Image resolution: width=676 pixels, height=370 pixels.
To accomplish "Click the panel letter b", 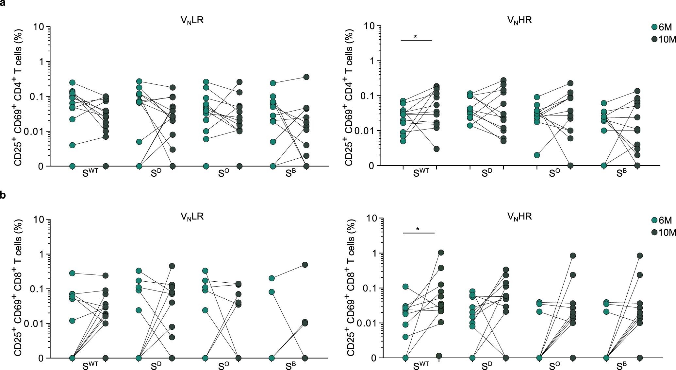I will (3, 196).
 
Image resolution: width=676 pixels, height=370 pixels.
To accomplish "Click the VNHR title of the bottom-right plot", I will (519, 217).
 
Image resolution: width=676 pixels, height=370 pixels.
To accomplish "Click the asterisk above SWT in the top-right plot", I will (415, 37).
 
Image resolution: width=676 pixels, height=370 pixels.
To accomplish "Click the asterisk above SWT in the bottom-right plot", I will (418, 229).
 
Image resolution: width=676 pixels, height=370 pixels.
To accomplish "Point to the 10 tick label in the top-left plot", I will (39, 26).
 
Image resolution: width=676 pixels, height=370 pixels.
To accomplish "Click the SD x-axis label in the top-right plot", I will (486, 173).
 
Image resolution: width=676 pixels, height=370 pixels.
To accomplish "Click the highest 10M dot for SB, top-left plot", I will (306, 77).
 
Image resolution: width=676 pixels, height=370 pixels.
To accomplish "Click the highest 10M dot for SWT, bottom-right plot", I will (441, 252).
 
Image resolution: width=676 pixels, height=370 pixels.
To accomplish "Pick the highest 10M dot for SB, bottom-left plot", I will (305, 265).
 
